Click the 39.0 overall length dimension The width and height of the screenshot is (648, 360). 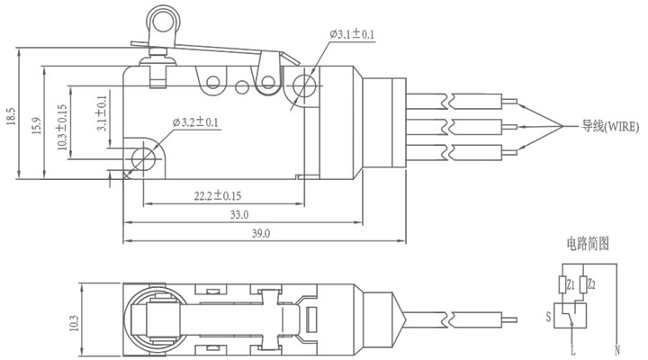pos(261,233)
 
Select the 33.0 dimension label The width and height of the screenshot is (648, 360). pos(239,215)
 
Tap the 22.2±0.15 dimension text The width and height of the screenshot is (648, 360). pos(218,195)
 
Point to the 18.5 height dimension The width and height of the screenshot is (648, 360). pos(11,116)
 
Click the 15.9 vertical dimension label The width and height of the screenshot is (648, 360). pos(37,126)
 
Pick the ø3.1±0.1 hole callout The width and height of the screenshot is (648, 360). pos(352,34)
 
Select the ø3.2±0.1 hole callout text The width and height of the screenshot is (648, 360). pos(195,122)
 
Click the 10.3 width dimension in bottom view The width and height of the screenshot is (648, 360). pos(74,323)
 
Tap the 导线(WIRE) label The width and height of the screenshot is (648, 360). pos(610,126)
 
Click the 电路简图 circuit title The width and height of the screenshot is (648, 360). pos(587,243)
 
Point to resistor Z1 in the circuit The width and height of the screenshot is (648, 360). pos(562,284)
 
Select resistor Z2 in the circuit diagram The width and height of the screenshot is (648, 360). pos(582,284)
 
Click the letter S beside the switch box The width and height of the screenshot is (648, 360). pos(548,317)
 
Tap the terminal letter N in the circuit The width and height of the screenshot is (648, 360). pos(617,350)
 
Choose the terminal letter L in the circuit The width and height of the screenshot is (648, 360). pos(572,350)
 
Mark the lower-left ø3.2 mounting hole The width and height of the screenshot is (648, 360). pos(143,158)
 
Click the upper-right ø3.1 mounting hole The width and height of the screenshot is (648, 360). pos(304,85)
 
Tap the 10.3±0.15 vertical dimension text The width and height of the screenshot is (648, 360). pos(62,127)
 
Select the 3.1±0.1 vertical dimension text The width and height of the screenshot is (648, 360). pos(102,113)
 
